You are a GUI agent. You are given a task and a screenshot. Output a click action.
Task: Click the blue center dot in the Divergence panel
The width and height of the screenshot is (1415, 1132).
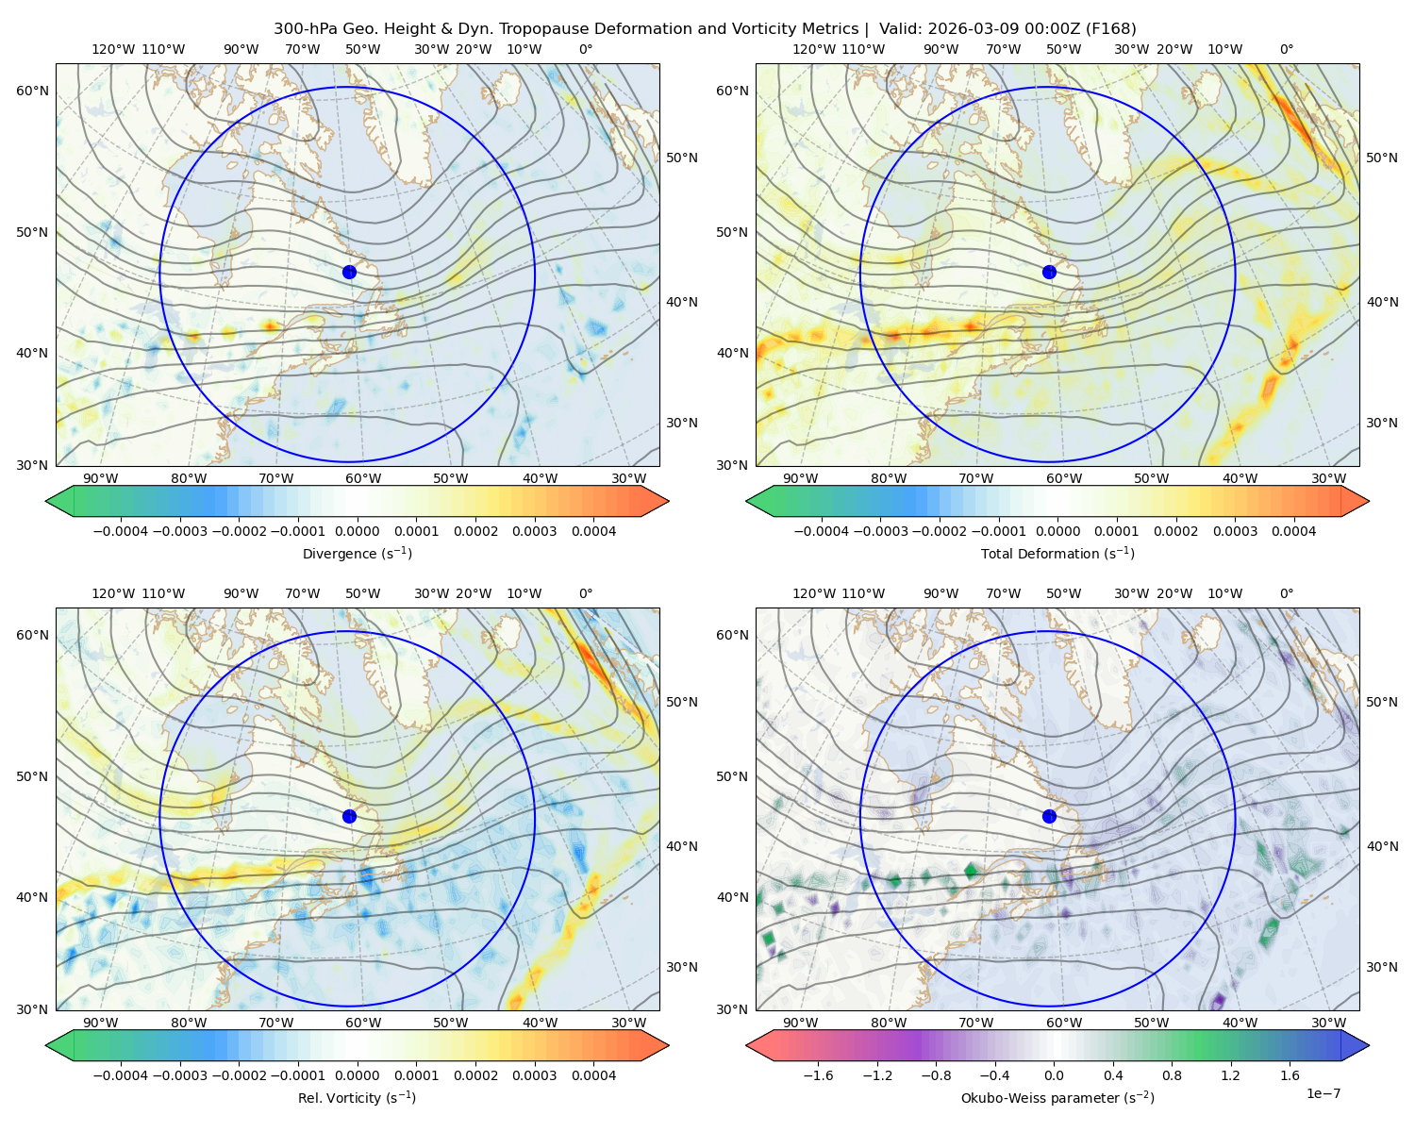tap(349, 272)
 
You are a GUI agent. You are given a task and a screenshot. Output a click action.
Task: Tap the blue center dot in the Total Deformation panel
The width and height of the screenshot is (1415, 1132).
tap(1049, 272)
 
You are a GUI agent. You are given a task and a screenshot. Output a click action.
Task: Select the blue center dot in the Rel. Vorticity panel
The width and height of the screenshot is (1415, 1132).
tap(349, 816)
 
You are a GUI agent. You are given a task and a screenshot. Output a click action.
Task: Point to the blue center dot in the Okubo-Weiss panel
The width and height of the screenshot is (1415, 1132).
tap(1049, 816)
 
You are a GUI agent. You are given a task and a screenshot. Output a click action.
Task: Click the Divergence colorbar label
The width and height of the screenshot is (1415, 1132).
tap(357, 553)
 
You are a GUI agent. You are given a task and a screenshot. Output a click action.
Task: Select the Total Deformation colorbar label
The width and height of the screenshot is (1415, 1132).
tap(1057, 553)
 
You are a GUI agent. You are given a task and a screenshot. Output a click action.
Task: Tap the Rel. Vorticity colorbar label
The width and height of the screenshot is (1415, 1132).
tap(357, 1097)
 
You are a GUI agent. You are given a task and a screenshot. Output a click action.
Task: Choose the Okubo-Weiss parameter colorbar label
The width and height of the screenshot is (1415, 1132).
tap(1057, 1097)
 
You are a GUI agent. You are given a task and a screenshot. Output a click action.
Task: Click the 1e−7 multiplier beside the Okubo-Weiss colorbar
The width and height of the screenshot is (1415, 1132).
tap(1323, 1093)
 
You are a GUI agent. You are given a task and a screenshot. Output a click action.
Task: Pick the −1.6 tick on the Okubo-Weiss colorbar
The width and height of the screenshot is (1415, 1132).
tap(818, 1074)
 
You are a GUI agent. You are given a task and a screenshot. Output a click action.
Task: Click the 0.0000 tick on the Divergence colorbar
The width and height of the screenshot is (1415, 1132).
tap(357, 531)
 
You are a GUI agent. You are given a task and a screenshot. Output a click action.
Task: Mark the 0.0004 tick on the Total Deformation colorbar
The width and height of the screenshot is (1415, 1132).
tap(1293, 531)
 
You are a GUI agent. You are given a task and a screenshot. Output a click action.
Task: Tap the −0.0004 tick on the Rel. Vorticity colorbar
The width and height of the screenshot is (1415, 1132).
tap(121, 1074)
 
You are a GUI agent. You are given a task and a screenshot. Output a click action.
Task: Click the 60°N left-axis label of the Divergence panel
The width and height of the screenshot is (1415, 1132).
tap(32, 91)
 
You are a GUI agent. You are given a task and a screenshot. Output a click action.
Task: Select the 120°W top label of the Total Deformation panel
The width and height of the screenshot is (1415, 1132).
tap(813, 49)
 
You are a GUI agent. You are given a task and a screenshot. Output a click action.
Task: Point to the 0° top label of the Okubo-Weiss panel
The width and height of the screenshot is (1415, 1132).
tap(1286, 593)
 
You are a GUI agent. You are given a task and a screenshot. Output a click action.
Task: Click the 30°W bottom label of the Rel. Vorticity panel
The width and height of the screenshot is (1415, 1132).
tap(628, 1023)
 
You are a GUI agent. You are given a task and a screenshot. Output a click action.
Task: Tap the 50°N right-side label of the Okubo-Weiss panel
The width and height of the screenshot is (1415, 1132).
tap(1382, 702)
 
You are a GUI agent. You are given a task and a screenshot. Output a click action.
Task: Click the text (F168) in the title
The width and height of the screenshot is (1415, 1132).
tap(1110, 29)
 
